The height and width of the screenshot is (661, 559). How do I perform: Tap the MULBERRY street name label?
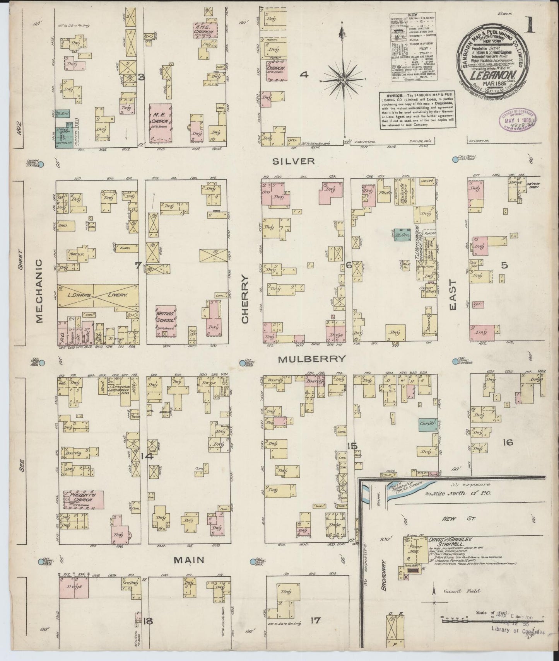click(311, 359)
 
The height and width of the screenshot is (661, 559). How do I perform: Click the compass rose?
click(343, 80)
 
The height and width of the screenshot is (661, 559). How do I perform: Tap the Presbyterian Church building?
click(84, 499)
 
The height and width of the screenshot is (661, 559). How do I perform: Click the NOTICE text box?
click(417, 110)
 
